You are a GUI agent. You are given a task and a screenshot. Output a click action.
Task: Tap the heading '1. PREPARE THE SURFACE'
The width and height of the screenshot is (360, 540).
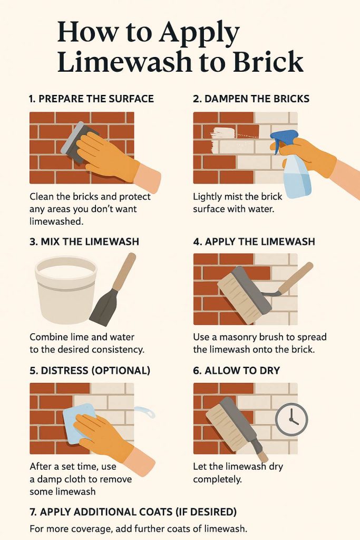[x=92, y=99]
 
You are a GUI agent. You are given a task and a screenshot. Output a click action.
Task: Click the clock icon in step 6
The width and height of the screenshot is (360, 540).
[x=291, y=419]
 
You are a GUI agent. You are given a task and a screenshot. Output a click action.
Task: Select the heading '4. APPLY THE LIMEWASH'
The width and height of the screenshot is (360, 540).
[x=254, y=242]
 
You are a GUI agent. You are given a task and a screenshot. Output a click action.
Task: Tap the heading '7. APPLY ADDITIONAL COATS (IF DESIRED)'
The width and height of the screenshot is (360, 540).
[x=133, y=512]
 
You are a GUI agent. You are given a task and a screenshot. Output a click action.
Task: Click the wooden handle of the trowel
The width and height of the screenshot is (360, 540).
[x=124, y=272]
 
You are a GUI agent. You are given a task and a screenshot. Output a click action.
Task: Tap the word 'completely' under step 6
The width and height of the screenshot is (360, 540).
[x=217, y=479]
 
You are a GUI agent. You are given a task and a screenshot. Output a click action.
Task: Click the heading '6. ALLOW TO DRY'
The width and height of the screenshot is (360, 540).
[x=237, y=371]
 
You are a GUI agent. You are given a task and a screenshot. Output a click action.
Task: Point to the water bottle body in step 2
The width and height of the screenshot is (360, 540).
[x=297, y=177]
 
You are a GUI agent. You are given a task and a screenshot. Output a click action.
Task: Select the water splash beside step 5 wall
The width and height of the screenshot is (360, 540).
[x=144, y=411]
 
